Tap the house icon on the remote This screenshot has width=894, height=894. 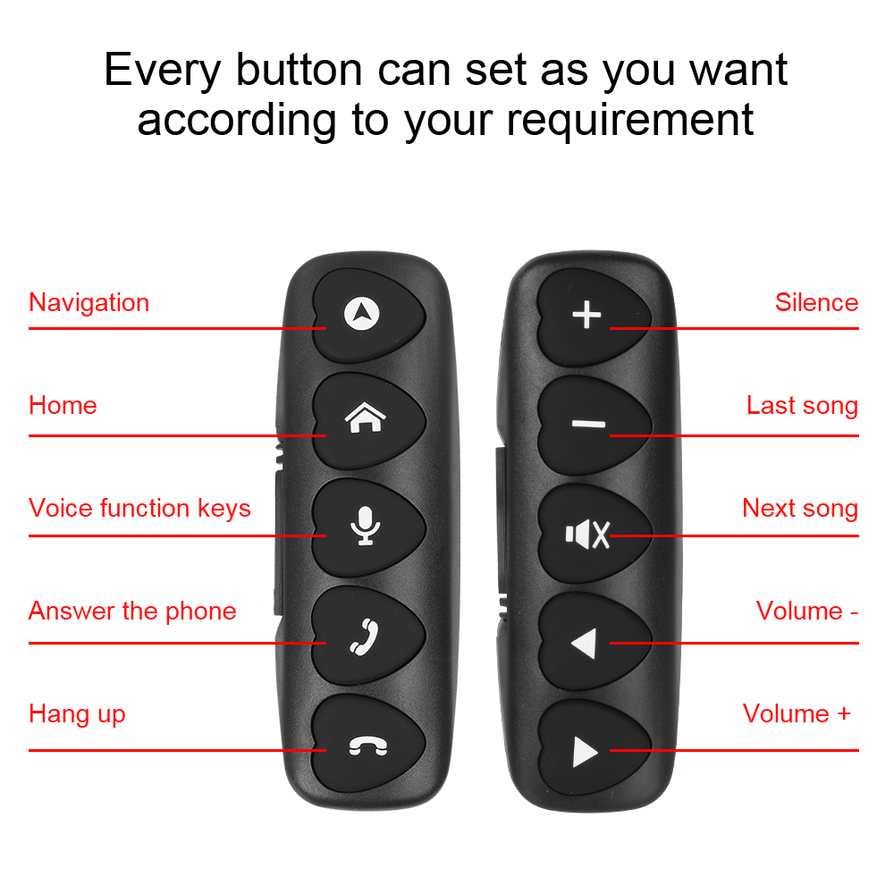(x=365, y=417)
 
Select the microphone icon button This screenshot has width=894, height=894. (x=365, y=526)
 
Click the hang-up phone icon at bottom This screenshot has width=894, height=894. (x=368, y=746)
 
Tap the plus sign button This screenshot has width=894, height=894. (x=586, y=316)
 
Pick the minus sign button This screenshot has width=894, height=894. (x=588, y=424)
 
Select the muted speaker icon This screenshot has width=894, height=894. (x=587, y=535)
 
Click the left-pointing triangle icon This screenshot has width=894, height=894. (x=583, y=644)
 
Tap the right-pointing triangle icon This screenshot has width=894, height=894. (x=586, y=752)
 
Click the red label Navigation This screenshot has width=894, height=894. (x=89, y=302)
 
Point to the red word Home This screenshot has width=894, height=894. (x=63, y=405)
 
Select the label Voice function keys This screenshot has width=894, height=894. (x=139, y=509)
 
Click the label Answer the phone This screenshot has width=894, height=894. (x=132, y=611)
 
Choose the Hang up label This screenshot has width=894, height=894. (x=77, y=714)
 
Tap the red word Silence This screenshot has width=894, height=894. (x=816, y=302)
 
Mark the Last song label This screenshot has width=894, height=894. (x=802, y=406)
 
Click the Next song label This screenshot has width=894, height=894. (x=800, y=509)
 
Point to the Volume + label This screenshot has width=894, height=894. (x=797, y=713)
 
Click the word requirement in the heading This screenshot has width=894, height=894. (x=630, y=121)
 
